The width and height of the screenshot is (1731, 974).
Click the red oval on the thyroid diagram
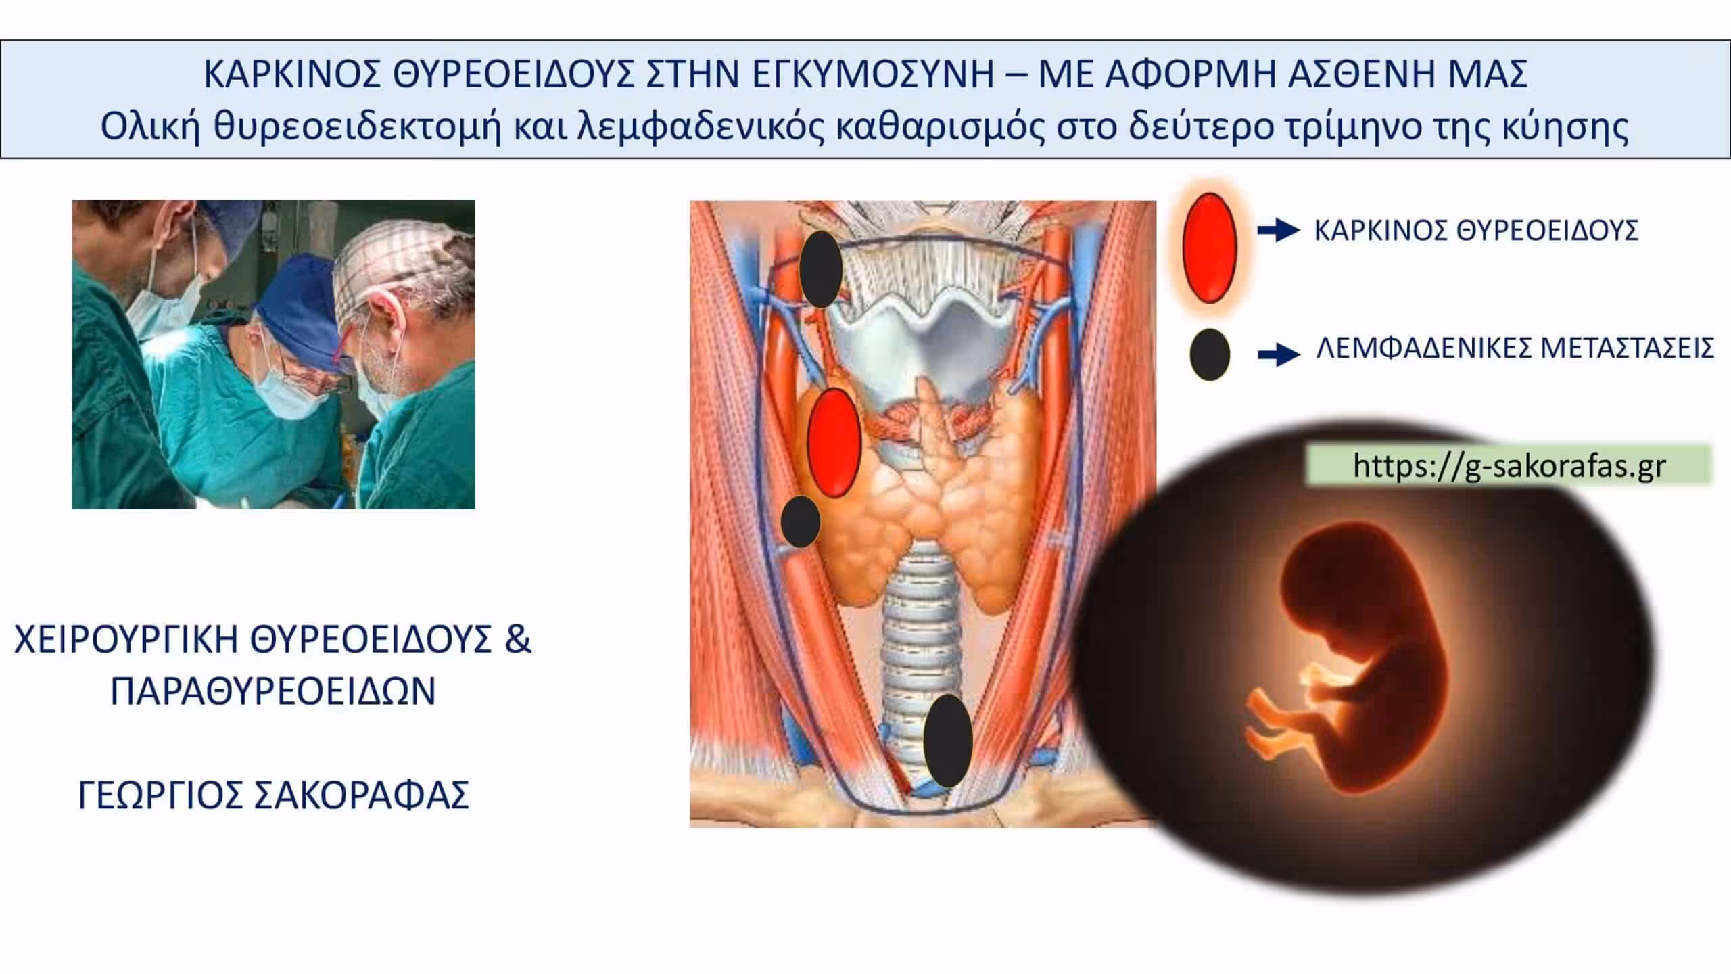pos(834,442)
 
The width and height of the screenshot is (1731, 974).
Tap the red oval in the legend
pos(1210,247)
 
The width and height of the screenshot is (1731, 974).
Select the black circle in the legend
pos(1210,354)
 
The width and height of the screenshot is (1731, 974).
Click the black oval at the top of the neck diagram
pos(820,269)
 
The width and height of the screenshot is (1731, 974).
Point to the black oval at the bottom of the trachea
pos(948,741)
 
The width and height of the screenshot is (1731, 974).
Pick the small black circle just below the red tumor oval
pos(801,521)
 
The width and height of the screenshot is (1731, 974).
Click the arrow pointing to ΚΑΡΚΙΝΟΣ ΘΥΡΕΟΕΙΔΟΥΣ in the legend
pos(1279,231)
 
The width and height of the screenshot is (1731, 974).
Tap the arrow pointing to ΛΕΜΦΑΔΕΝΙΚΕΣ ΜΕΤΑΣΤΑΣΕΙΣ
pos(1279,354)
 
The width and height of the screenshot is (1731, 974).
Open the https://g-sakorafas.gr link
pos(1509,465)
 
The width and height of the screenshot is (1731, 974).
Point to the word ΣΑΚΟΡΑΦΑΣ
pos(362,795)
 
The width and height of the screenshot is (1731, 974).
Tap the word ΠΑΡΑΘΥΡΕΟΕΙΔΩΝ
pos(273,691)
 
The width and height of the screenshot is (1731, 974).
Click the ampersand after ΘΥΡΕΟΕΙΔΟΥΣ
pos(518,639)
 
